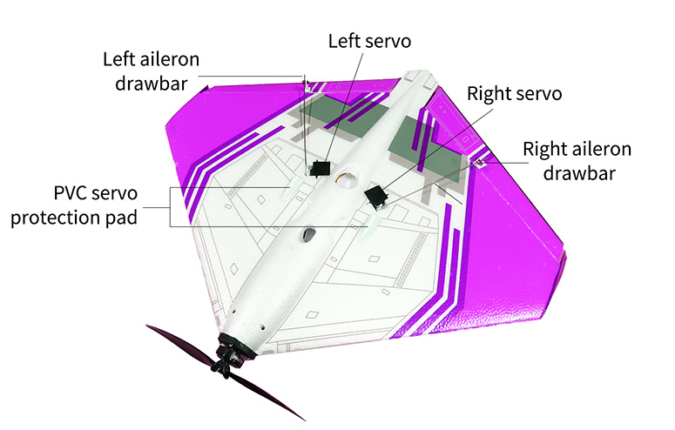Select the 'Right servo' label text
(x=514, y=93)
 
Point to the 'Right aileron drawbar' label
(x=577, y=159)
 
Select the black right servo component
(x=377, y=196)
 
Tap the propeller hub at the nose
(x=229, y=366)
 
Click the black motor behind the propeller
(x=235, y=352)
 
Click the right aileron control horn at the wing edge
(x=478, y=162)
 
